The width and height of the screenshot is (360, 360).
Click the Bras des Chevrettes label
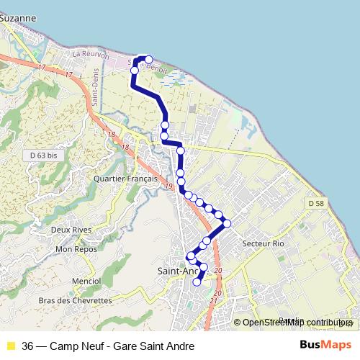coord(75,300)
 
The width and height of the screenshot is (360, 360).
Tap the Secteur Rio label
coord(264,244)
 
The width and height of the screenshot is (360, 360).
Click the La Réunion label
coord(91,54)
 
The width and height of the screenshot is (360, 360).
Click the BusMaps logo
coord(325,346)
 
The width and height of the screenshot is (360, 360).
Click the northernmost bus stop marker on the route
coord(149,60)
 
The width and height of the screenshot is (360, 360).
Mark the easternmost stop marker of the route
coord(228,224)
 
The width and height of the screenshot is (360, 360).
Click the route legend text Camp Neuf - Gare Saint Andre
coord(108,346)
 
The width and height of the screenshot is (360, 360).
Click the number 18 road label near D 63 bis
coord(111,135)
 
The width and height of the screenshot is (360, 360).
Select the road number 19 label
coord(168,186)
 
